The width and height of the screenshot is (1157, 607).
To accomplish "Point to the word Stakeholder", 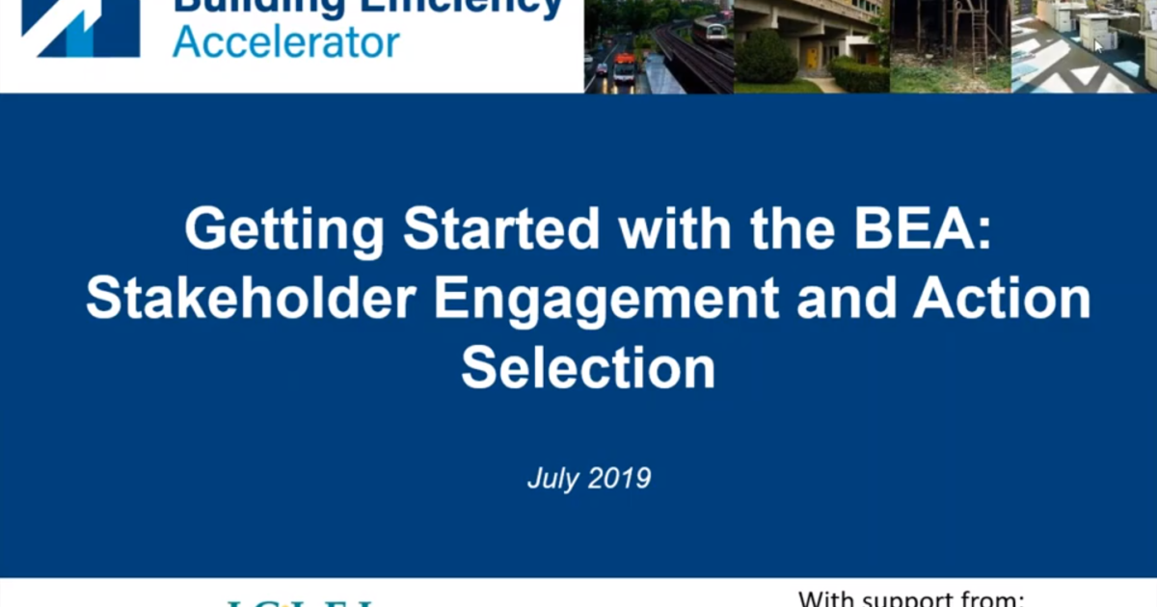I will pos(252,300).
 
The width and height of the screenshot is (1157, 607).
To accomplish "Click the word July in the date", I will pos(550,478).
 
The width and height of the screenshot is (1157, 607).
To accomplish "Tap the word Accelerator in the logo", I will pos(285,42).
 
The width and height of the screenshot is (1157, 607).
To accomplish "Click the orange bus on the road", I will pos(625,67).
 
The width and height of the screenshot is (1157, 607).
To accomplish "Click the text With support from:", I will pos(910,599).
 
